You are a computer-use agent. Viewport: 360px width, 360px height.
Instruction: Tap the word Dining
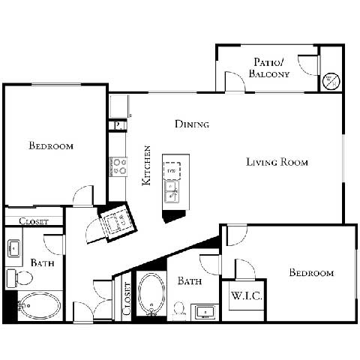click(192, 124)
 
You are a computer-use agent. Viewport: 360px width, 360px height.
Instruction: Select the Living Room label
click(277, 162)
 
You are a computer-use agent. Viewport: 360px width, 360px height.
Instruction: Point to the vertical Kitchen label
click(148, 165)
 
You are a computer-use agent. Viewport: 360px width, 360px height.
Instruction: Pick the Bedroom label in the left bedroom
click(51, 145)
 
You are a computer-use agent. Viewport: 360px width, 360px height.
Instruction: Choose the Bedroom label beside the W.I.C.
click(311, 272)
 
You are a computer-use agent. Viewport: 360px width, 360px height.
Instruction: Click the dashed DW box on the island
click(172, 170)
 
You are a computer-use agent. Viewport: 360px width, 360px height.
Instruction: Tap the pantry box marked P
click(118, 125)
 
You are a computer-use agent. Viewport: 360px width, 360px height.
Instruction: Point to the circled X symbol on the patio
click(331, 79)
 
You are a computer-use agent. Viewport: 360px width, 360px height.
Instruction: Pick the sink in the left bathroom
click(14, 247)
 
